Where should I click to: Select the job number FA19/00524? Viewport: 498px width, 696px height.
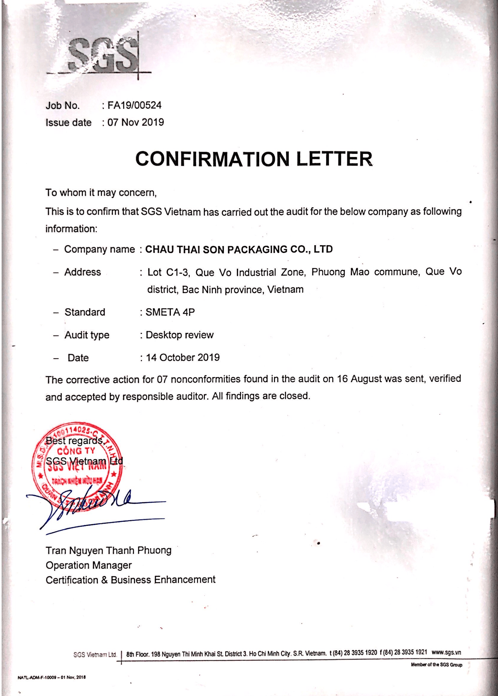point(134,105)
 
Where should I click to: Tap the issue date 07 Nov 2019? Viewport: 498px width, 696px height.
point(136,122)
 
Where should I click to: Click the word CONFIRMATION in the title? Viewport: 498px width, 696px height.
point(212,159)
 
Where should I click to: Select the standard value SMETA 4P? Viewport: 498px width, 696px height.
point(170,312)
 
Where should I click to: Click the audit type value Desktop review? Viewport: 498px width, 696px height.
point(180,335)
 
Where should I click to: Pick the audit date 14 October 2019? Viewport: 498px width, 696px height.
point(183,358)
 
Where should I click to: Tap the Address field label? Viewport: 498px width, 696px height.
point(83,272)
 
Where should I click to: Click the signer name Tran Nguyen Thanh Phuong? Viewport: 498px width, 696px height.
point(108,551)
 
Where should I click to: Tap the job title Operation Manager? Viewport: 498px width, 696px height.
point(89,565)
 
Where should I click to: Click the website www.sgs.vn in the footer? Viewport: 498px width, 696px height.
point(446,652)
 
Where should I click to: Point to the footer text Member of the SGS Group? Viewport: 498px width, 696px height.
point(437,665)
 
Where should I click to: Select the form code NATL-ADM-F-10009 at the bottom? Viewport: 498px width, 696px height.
point(37,677)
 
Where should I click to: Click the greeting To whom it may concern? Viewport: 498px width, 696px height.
point(101,193)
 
